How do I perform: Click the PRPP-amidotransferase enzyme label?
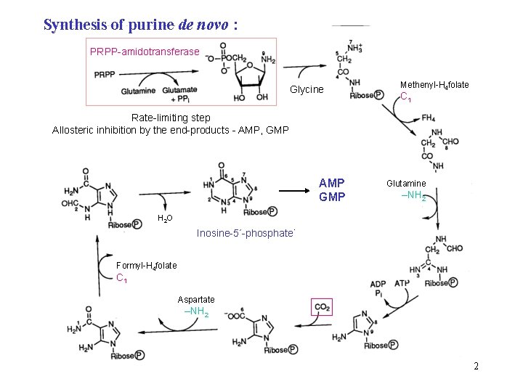[144, 52]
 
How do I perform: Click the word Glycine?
[307, 89]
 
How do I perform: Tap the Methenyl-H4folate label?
[434, 85]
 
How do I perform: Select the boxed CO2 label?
[322, 308]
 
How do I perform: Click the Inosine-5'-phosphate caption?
[246, 233]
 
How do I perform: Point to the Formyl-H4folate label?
[147, 266]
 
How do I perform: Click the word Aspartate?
[196, 300]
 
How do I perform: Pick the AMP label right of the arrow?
[332, 182]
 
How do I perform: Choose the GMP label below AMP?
[332, 196]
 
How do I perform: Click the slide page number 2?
[476, 366]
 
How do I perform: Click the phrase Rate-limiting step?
[171, 118]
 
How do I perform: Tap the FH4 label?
[429, 118]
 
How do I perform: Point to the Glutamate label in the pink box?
[179, 89]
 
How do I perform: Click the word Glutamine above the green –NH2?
[406, 184]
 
